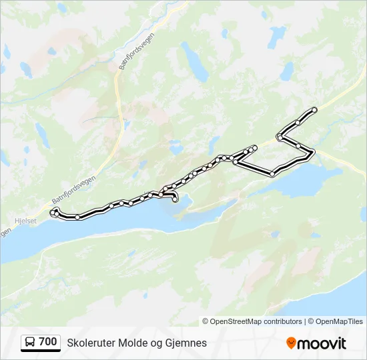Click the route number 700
point(48,342)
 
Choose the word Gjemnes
point(187,343)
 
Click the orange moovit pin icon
point(291,343)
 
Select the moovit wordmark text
point(322,343)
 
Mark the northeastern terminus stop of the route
point(314,109)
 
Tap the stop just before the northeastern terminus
point(297,122)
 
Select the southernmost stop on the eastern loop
point(272,174)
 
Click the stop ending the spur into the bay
point(175,199)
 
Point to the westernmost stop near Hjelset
point(53,212)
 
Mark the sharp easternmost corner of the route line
point(313,153)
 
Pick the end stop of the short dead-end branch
point(254,147)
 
